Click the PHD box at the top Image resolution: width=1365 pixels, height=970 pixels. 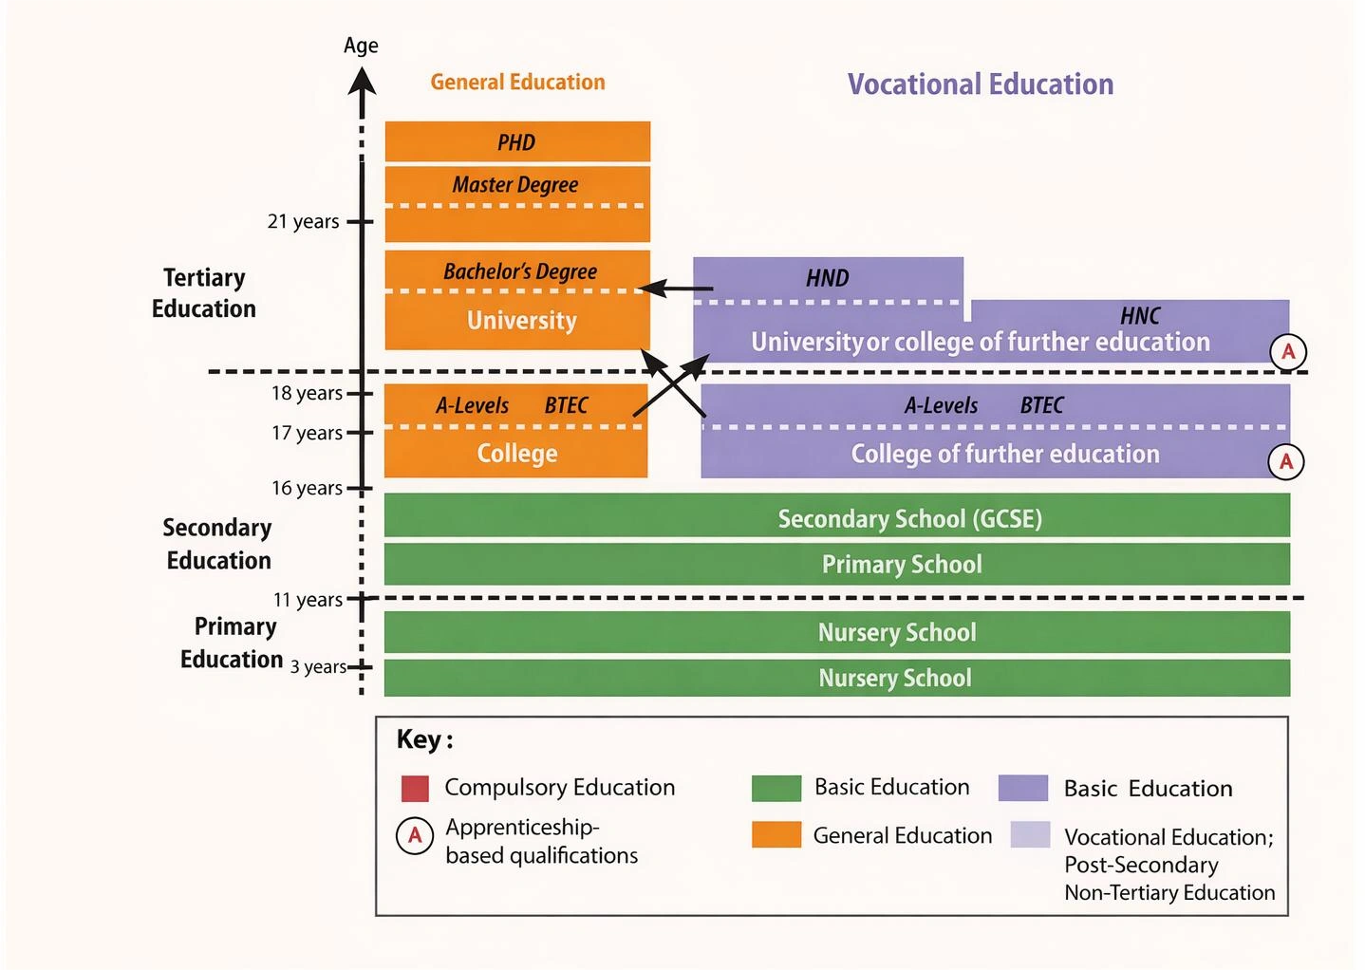pos(517,142)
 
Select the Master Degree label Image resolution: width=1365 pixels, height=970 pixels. pos(515,185)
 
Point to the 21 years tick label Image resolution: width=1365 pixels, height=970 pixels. pos(303,221)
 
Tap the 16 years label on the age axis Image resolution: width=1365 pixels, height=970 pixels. pos(307,488)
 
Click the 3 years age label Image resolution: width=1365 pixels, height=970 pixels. pos(318,666)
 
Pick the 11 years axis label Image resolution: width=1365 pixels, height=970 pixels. pos(308,600)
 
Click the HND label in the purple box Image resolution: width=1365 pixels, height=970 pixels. pos(828,278)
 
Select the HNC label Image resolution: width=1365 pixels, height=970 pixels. pos(1140,316)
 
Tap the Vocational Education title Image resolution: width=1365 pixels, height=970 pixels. pos(981,84)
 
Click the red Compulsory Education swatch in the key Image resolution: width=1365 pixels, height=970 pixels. pos(415,789)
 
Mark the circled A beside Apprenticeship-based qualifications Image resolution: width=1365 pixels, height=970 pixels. pos(415,836)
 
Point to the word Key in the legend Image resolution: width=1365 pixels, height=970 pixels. pos(419,739)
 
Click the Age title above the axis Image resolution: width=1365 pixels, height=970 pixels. pos(361,46)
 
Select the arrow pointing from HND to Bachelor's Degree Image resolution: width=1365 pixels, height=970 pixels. pos(676,289)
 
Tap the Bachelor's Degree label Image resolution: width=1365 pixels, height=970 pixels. pos(520,271)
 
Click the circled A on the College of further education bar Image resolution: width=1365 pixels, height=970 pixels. pos(1286,462)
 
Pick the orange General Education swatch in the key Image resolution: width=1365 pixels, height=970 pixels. pos(776,834)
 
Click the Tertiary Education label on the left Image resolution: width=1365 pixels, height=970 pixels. pos(204,293)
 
